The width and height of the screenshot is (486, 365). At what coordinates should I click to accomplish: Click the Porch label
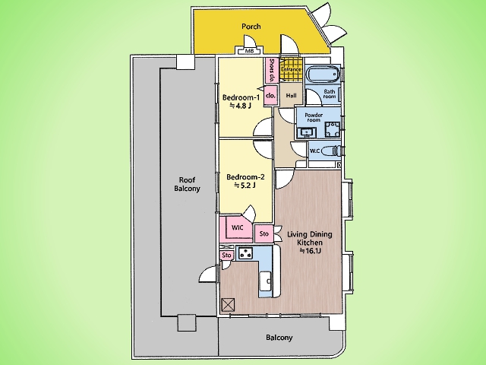click(251, 27)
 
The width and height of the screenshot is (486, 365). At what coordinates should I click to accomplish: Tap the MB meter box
click(250, 51)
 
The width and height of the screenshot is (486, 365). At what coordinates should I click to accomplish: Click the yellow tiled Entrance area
click(291, 69)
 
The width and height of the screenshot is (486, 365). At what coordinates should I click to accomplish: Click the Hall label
click(291, 96)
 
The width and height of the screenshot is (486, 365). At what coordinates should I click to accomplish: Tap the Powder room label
click(314, 117)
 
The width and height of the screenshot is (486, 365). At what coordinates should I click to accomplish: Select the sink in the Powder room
click(307, 133)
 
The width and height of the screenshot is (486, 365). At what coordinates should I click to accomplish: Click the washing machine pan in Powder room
click(332, 130)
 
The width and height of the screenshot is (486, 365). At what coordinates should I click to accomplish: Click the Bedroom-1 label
click(241, 97)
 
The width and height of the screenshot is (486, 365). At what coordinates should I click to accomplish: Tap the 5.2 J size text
click(245, 186)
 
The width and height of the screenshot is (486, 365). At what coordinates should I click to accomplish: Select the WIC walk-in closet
click(238, 228)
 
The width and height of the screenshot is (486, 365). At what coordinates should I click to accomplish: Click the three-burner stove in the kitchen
click(246, 253)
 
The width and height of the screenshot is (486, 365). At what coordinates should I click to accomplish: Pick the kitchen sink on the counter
click(265, 281)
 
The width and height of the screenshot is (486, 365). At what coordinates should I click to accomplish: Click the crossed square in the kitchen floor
click(229, 304)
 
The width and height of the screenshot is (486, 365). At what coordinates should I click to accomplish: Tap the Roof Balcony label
click(187, 184)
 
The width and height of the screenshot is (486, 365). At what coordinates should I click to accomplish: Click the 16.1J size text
click(310, 251)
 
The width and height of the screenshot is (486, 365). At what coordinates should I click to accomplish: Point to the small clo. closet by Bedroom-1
click(270, 96)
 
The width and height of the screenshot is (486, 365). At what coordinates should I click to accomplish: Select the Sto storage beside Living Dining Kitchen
click(264, 233)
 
